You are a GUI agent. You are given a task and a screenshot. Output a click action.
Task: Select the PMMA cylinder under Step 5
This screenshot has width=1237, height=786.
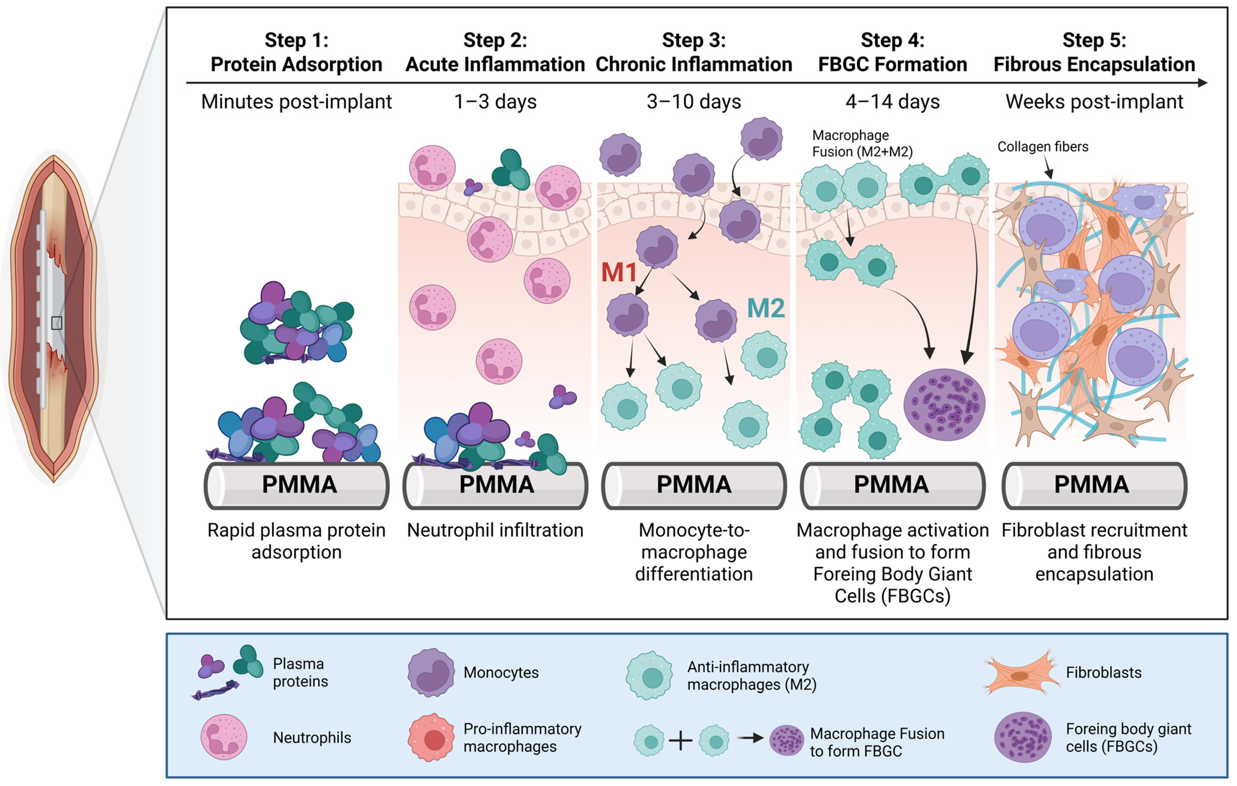click(1095, 485)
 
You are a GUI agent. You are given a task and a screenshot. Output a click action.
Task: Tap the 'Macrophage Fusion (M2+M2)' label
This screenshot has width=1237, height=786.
click(862, 144)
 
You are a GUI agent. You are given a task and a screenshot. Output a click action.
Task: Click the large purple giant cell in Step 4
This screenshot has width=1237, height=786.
click(944, 405)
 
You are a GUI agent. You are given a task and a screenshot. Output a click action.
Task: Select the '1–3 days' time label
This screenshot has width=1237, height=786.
click(495, 101)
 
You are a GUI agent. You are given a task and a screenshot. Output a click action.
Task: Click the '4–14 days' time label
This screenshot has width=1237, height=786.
click(893, 101)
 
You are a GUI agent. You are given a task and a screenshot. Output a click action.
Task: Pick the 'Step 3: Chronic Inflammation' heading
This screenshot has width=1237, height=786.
click(694, 52)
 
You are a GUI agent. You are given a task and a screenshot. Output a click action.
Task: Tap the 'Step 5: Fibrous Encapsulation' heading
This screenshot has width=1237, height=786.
click(1094, 52)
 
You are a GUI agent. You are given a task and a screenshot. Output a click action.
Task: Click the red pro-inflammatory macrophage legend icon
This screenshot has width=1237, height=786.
click(431, 738)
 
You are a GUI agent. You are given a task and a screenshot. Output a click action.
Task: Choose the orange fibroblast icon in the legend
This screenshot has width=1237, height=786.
click(1021, 673)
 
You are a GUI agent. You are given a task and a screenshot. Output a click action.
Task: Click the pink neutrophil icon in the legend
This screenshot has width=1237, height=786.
click(224, 737)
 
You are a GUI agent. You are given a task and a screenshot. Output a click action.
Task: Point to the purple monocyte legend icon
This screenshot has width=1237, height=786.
click(431, 673)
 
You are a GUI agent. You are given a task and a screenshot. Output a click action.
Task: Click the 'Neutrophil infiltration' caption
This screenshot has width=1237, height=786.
click(495, 530)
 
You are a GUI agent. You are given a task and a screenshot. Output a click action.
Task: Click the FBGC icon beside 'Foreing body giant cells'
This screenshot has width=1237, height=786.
click(1023, 737)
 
